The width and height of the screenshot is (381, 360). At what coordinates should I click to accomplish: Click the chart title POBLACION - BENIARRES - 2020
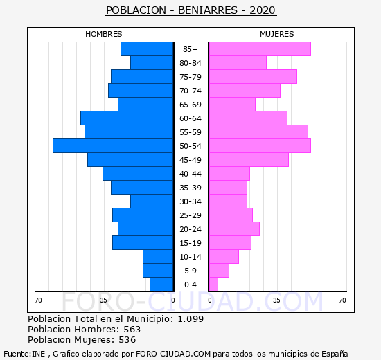190,10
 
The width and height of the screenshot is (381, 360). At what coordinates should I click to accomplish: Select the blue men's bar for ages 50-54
113,146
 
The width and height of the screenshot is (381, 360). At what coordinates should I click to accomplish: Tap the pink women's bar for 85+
260,49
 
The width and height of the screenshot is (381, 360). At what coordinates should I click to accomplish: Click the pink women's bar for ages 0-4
213,285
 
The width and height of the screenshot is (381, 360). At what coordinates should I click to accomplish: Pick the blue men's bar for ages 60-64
127,118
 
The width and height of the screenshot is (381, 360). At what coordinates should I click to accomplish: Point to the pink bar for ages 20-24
234,229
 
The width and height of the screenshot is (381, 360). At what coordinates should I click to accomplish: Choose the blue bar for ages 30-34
152,201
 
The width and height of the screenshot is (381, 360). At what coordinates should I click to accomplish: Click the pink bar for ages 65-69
232,105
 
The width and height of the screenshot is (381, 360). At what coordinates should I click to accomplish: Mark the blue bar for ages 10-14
158,257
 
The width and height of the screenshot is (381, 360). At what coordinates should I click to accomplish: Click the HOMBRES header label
104,34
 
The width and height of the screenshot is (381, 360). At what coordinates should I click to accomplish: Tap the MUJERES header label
277,34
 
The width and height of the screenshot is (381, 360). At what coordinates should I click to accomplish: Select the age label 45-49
190,160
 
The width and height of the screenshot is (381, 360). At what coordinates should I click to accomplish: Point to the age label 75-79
190,77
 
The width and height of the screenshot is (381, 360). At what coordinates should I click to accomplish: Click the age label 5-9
190,271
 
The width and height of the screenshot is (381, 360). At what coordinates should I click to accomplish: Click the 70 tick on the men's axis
38,300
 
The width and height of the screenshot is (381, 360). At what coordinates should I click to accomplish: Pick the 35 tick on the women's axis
276,300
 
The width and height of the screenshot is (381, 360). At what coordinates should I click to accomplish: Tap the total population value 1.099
190,318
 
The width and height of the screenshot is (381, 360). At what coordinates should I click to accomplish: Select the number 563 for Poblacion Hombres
132,329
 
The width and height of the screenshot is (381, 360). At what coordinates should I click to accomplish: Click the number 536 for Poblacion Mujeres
127,340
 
